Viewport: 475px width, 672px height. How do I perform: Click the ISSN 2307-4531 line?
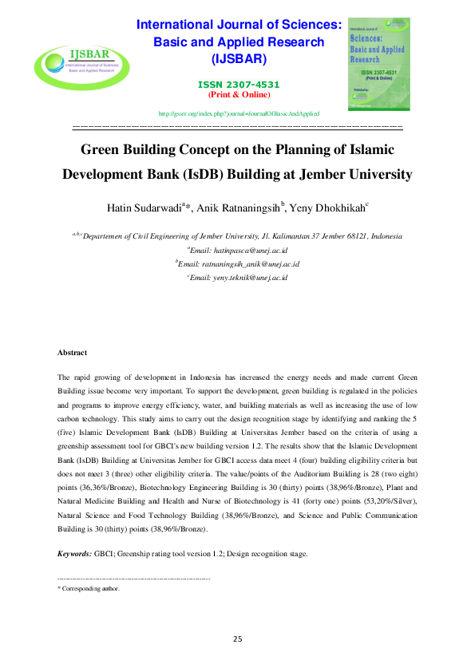pyautogui.click(x=239, y=84)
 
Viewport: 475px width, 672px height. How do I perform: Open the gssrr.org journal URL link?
pyautogui.click(x=239, y=113)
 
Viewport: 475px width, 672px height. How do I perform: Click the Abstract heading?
pyautogui.click(x=72, y=352)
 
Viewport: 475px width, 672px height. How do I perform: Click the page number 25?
pyautogui.click(x=237, y=638)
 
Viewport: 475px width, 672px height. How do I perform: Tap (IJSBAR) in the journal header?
pyautogui.click(x=239, y=59)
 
